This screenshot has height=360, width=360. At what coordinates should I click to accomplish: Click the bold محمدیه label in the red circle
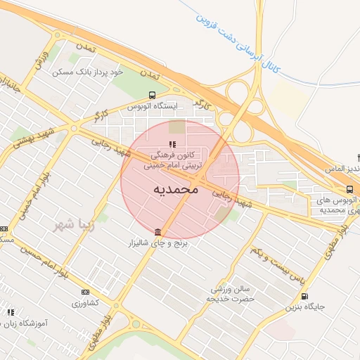point(176,190)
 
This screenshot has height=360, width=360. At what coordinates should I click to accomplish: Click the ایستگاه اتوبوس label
point(153,105)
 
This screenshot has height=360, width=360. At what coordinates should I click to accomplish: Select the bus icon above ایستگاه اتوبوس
point(152,95)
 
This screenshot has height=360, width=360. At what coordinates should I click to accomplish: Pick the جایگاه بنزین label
point(304,307)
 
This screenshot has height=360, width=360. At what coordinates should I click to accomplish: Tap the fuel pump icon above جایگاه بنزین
point(304,297)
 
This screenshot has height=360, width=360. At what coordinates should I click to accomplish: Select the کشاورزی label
point(86,303)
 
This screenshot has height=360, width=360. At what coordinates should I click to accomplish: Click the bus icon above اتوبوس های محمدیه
point(349,188)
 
